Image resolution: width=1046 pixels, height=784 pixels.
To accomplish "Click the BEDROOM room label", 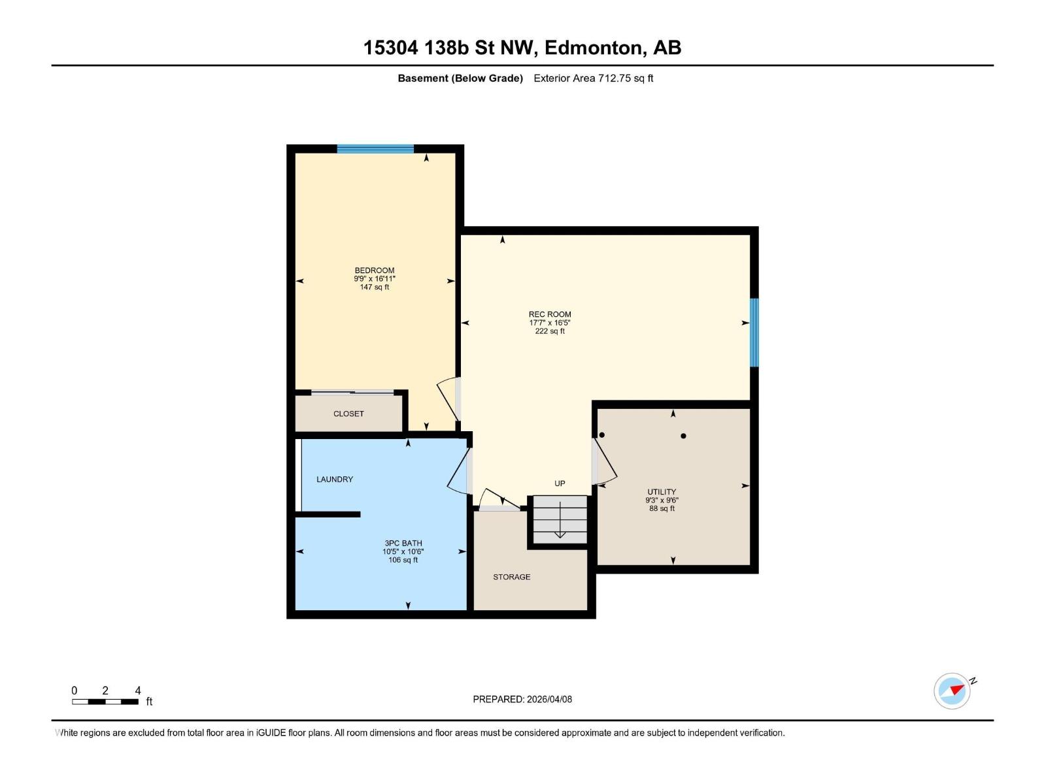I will pos(374,270).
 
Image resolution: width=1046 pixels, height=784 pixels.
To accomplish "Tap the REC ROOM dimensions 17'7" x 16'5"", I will pos(550,323).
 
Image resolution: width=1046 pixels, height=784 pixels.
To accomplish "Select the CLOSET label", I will pos(348,414).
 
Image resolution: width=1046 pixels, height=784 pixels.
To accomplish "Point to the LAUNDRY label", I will pos(335,479).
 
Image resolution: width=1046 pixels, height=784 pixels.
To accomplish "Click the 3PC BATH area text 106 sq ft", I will pos(403,560).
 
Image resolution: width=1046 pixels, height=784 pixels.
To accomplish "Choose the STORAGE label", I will pos(511,577).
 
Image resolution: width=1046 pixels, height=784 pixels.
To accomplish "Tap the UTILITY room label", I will pos(662,492).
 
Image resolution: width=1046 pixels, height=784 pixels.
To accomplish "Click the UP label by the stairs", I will pos(560,483).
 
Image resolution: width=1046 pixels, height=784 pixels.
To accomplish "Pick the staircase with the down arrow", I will pos(560,519).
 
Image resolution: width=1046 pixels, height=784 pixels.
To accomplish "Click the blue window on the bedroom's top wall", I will pos(375,149).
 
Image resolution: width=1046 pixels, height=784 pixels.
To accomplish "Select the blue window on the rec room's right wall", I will pos(754,332).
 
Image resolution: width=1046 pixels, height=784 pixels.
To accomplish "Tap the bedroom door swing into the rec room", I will pos(448,398).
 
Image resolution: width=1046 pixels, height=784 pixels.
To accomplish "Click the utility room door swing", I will pos(605,461).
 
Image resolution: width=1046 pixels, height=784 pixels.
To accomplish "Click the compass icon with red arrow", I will pos(953,691).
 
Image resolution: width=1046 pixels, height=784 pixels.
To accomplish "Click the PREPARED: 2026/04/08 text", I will pos(522,699).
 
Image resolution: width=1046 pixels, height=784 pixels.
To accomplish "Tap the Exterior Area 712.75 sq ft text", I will pos(593,78).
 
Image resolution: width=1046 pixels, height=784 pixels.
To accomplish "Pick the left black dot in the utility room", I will pos(602,435).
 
